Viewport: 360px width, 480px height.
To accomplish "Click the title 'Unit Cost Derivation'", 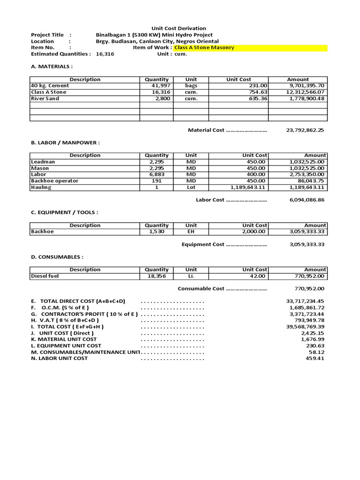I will tap(178, 29).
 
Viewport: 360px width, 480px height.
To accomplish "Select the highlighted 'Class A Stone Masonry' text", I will tap(204, 48).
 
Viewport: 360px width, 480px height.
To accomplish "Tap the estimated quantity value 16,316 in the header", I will tap(105, 54).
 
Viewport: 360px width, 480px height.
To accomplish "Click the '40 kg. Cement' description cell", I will tap(50, 86).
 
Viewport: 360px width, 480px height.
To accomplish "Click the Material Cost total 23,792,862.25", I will tap(305, 130).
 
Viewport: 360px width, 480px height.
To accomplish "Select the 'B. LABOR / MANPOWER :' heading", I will tap(65, 142).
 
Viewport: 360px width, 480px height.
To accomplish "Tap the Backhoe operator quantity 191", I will tap(157, 181).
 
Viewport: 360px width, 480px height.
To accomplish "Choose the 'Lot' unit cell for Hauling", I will tap(191, 187).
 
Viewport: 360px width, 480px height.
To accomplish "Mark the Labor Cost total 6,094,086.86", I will tap(307, 200).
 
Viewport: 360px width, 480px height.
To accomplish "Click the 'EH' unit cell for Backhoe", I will tap(191, 232).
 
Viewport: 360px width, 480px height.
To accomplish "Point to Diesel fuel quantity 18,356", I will tap(157, 277).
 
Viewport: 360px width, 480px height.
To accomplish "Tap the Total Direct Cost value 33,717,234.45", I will tap(305, 301).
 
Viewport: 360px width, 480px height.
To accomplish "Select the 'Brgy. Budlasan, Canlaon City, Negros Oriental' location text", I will tap(157, 41).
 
